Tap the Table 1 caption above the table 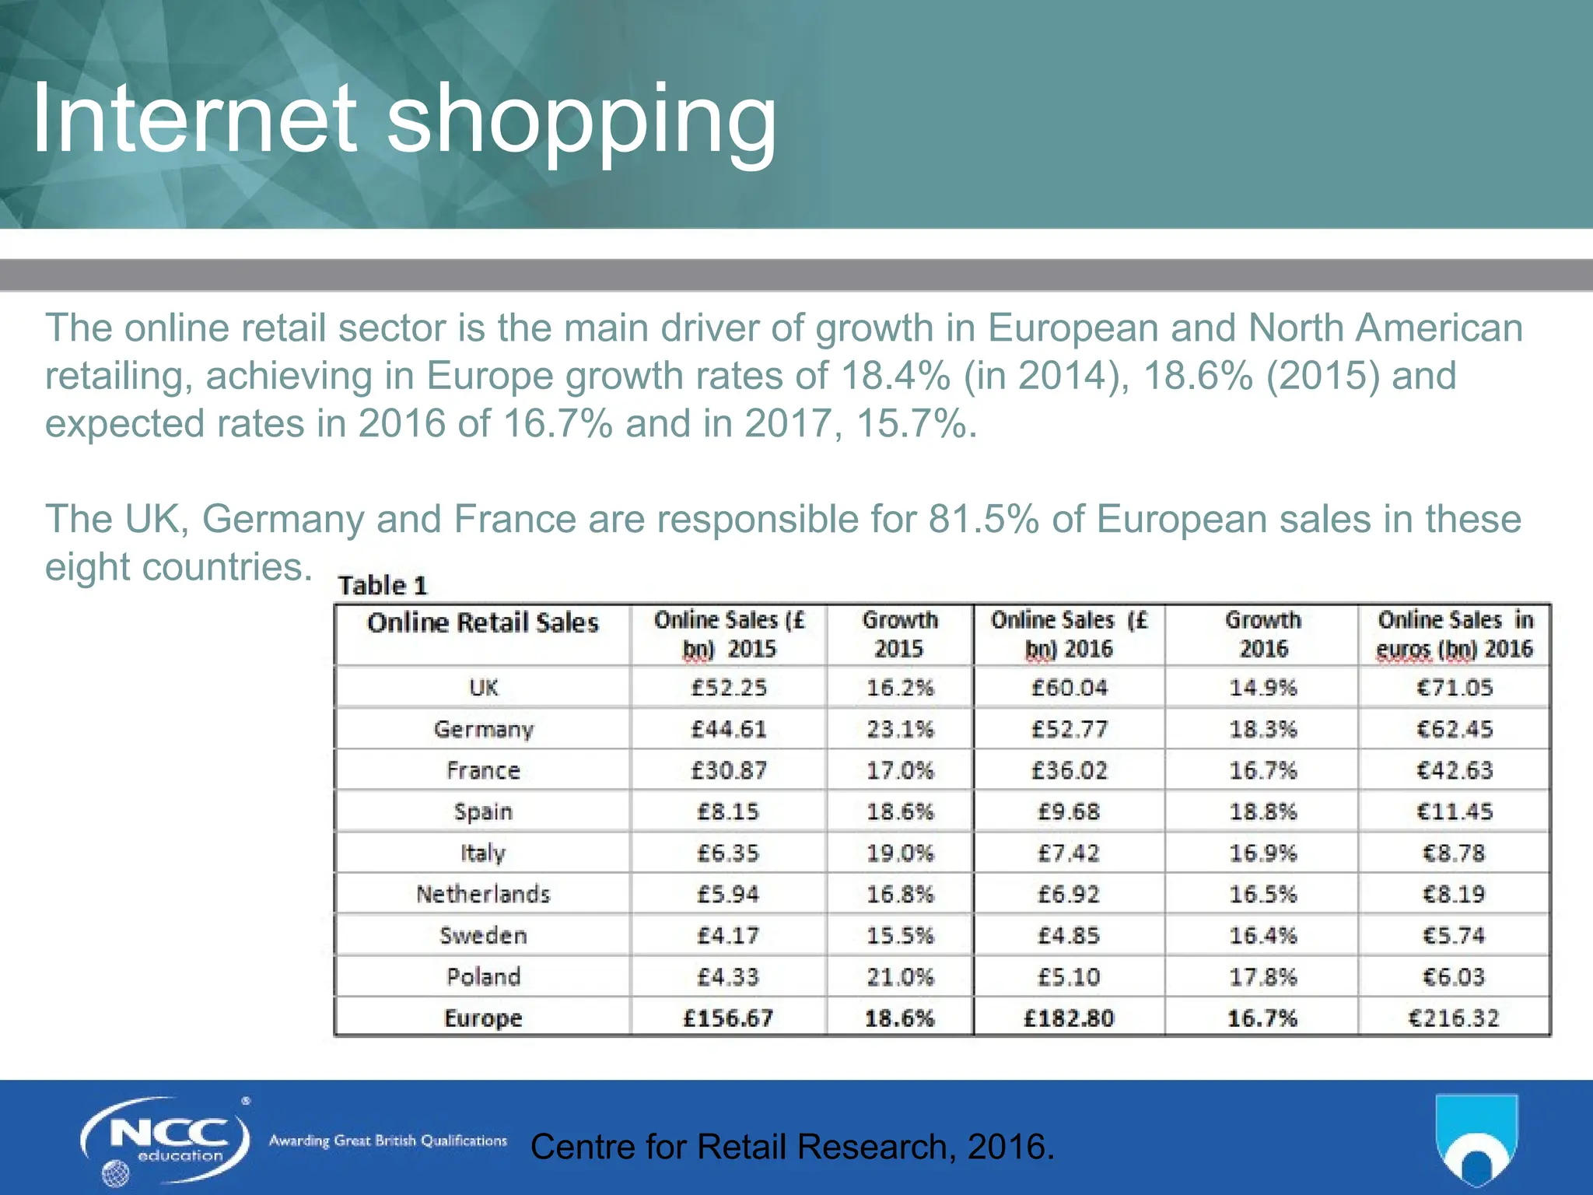pyautogui.click(x=383, y=585)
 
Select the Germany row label pyautogui.click(x=483, y=729)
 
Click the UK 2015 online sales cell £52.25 pyautogui.click(x=729, y=688)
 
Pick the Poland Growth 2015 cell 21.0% pyautogui.click(x=900, y=976)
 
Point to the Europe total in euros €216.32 pyautogui.click(x=1454, y=1018)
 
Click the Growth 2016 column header pyautogui.click(x=1262, y=634)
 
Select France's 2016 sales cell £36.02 pyautogui.click(x=1069, y=770)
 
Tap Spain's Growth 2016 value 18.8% pyautogui.click(x=1262, y=811)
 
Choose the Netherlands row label pyautogui.click(x=483, y=894)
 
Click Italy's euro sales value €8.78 pyautogui.click(x=1454, y=853)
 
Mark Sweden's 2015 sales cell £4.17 pyautogui.click(x=728, y=935)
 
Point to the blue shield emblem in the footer pyautogui.click(x=1476, y=1139)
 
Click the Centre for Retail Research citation pyautogui.click(x=792, y=1147)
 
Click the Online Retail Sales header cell pyautogui.click(x=483, y=623)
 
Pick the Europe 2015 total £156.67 pyautogui.click(x=728, y=1018)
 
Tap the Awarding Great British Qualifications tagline pyautogui.click(x=387, y=1141)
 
